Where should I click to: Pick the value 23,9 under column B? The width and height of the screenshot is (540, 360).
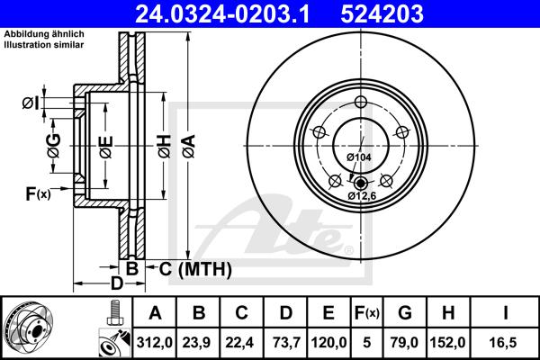(x=199, y=342)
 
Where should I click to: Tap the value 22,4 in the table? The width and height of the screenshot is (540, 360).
(x=242, y=342)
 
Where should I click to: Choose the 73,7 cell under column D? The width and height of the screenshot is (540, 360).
(x=285, y=342)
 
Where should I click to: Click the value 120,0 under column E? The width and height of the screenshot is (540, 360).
(x=328, y=342)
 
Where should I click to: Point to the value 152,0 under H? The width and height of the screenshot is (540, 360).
(x=454, y=342)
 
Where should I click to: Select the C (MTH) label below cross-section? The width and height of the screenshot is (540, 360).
(x=190, y=268)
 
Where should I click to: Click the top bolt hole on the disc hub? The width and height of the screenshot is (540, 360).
(x=360, y=102)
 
